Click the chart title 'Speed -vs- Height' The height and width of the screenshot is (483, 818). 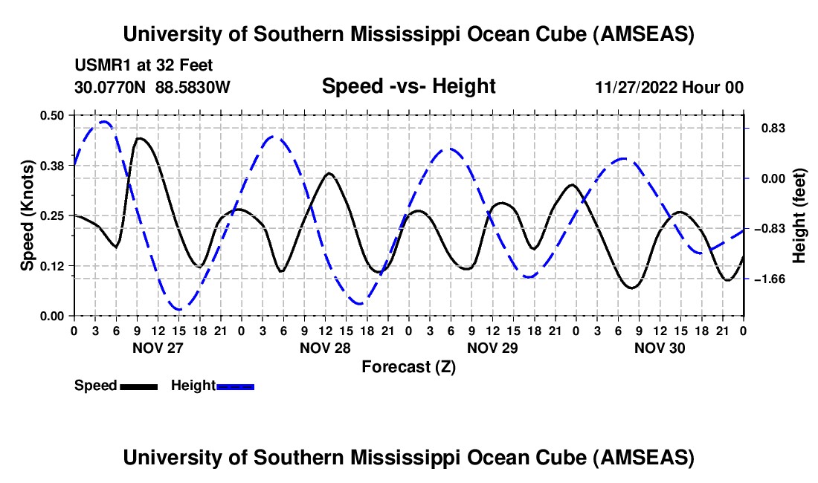408,86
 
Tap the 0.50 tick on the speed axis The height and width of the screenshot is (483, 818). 52,115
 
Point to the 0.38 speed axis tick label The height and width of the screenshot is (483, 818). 52,166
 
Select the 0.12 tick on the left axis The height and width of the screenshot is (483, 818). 52,266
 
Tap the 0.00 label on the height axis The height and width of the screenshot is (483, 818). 766,178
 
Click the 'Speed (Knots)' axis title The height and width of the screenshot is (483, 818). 27,215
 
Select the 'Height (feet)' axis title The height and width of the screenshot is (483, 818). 799,215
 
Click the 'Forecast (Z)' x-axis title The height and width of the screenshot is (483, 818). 408,366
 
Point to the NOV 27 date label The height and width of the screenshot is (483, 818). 157,347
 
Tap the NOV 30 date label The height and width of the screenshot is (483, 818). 660,347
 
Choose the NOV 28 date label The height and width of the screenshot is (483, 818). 325,347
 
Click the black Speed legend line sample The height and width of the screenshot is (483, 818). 138,386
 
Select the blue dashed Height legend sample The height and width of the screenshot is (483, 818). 236,386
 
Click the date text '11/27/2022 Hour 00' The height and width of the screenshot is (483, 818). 669,87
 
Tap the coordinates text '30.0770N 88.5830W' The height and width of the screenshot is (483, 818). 152,87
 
